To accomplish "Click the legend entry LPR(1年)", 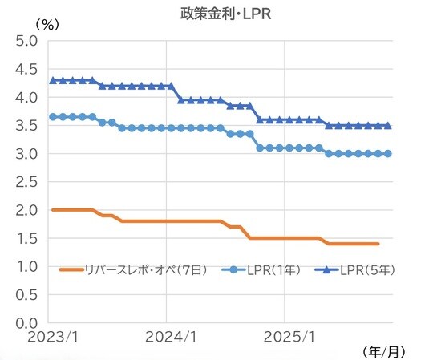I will [x=264, y=269].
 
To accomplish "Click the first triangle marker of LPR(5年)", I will [x=53, y=80].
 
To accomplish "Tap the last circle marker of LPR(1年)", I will [x=389, y=153].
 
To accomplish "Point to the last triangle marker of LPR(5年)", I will [x=389, y=125].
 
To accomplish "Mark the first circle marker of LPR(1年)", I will [x=53, y=116].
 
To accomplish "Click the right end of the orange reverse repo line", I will [x=378, y=243].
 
